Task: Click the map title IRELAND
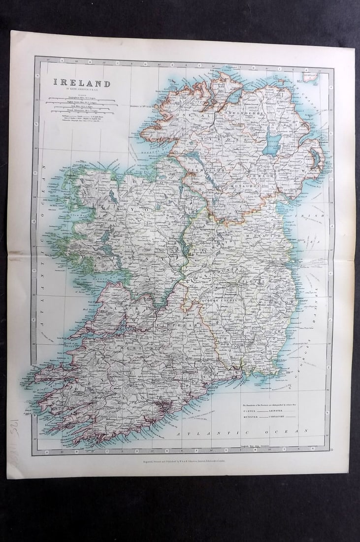pos(82,83)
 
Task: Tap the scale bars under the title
pos(81,105)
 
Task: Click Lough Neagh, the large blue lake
pos(272,144)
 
